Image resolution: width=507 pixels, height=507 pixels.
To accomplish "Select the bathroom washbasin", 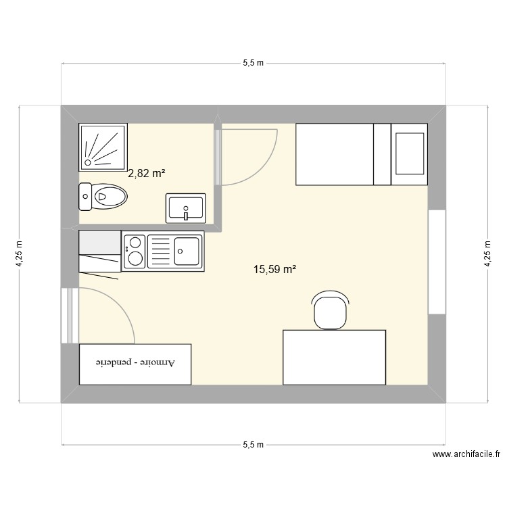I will pyautogui.click(x=186, y=208).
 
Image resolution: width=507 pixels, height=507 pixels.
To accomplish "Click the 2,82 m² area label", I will pyautogui.click(x=147, y=174).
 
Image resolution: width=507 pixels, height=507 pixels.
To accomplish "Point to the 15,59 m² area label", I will pyautogui.click(x=275, y=270).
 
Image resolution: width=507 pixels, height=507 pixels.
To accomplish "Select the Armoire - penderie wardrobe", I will pyautogui.click(x=135, y=364).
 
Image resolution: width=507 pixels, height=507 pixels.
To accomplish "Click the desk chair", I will pyautogui.click(x=331, y=310).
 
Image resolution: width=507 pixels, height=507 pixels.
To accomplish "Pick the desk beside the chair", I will pyautogui.click(x=334, y=357).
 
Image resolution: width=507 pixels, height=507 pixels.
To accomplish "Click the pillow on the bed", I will pyautogui.click(x=409, y=153).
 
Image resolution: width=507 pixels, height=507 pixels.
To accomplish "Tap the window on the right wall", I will pyautogui.click(x=437, y=262).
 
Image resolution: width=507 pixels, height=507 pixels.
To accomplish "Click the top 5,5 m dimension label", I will pyautogui.click(x=253, y=63).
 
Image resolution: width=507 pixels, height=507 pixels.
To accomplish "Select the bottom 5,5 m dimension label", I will pyautogui.click(x=253, y=445).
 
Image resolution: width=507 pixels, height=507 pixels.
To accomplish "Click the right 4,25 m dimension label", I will pyautogui.click(x=487, y=255).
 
